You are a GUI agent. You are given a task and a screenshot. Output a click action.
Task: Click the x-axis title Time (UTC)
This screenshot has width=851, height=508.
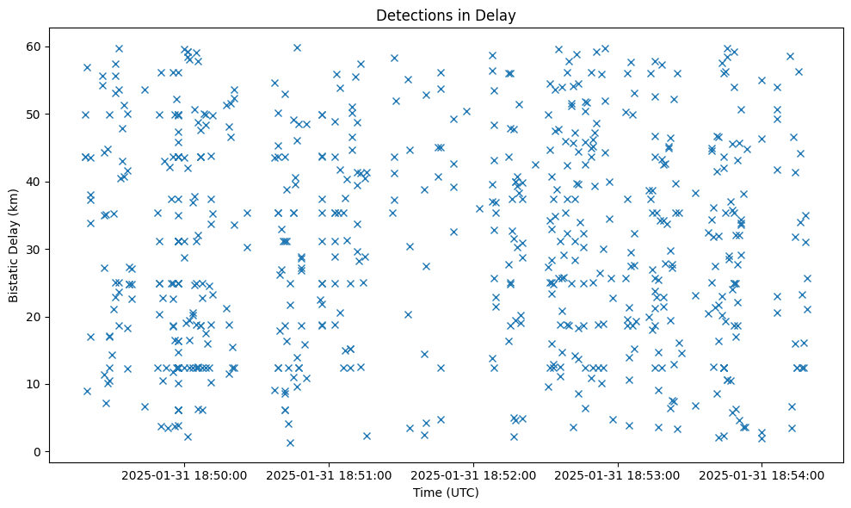click(x=446, y=493)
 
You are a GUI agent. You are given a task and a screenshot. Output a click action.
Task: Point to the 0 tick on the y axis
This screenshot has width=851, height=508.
click(x=38, y=452)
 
